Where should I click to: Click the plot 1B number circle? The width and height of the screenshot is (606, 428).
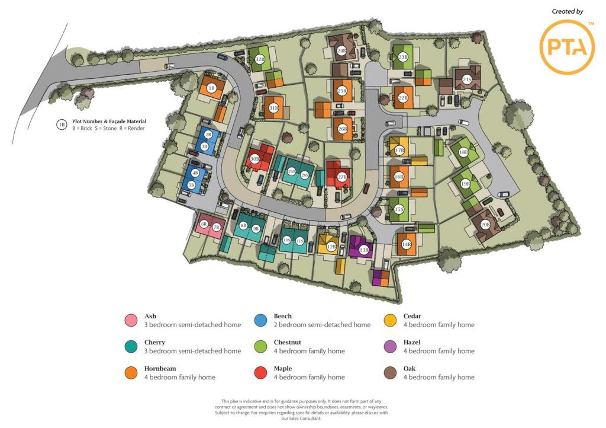pos(211,88)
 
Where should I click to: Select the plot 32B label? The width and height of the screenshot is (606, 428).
pos(260,59)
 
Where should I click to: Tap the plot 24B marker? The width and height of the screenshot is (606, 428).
pos(341,51)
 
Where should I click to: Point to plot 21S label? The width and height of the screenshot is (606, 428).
pos(467,79)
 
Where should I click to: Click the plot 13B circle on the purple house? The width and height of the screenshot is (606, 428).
pos(363,250)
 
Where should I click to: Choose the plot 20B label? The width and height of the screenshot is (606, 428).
pos(485,224)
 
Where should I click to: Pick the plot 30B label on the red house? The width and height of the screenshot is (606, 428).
pos(255,159)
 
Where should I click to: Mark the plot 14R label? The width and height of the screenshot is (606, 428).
pos(407,244)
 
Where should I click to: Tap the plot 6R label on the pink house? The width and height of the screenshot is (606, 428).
pos(204,224)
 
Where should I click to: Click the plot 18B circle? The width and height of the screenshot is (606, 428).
pos(463,152)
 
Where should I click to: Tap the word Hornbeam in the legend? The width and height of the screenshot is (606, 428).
pos(160,369)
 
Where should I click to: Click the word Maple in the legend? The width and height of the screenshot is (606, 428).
pos(283,369)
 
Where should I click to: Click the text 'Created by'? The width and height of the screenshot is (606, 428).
pos(567,11)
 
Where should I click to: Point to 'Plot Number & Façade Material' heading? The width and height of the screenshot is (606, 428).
pos(109,122)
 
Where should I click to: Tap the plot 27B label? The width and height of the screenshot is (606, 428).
pos(342,177)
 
